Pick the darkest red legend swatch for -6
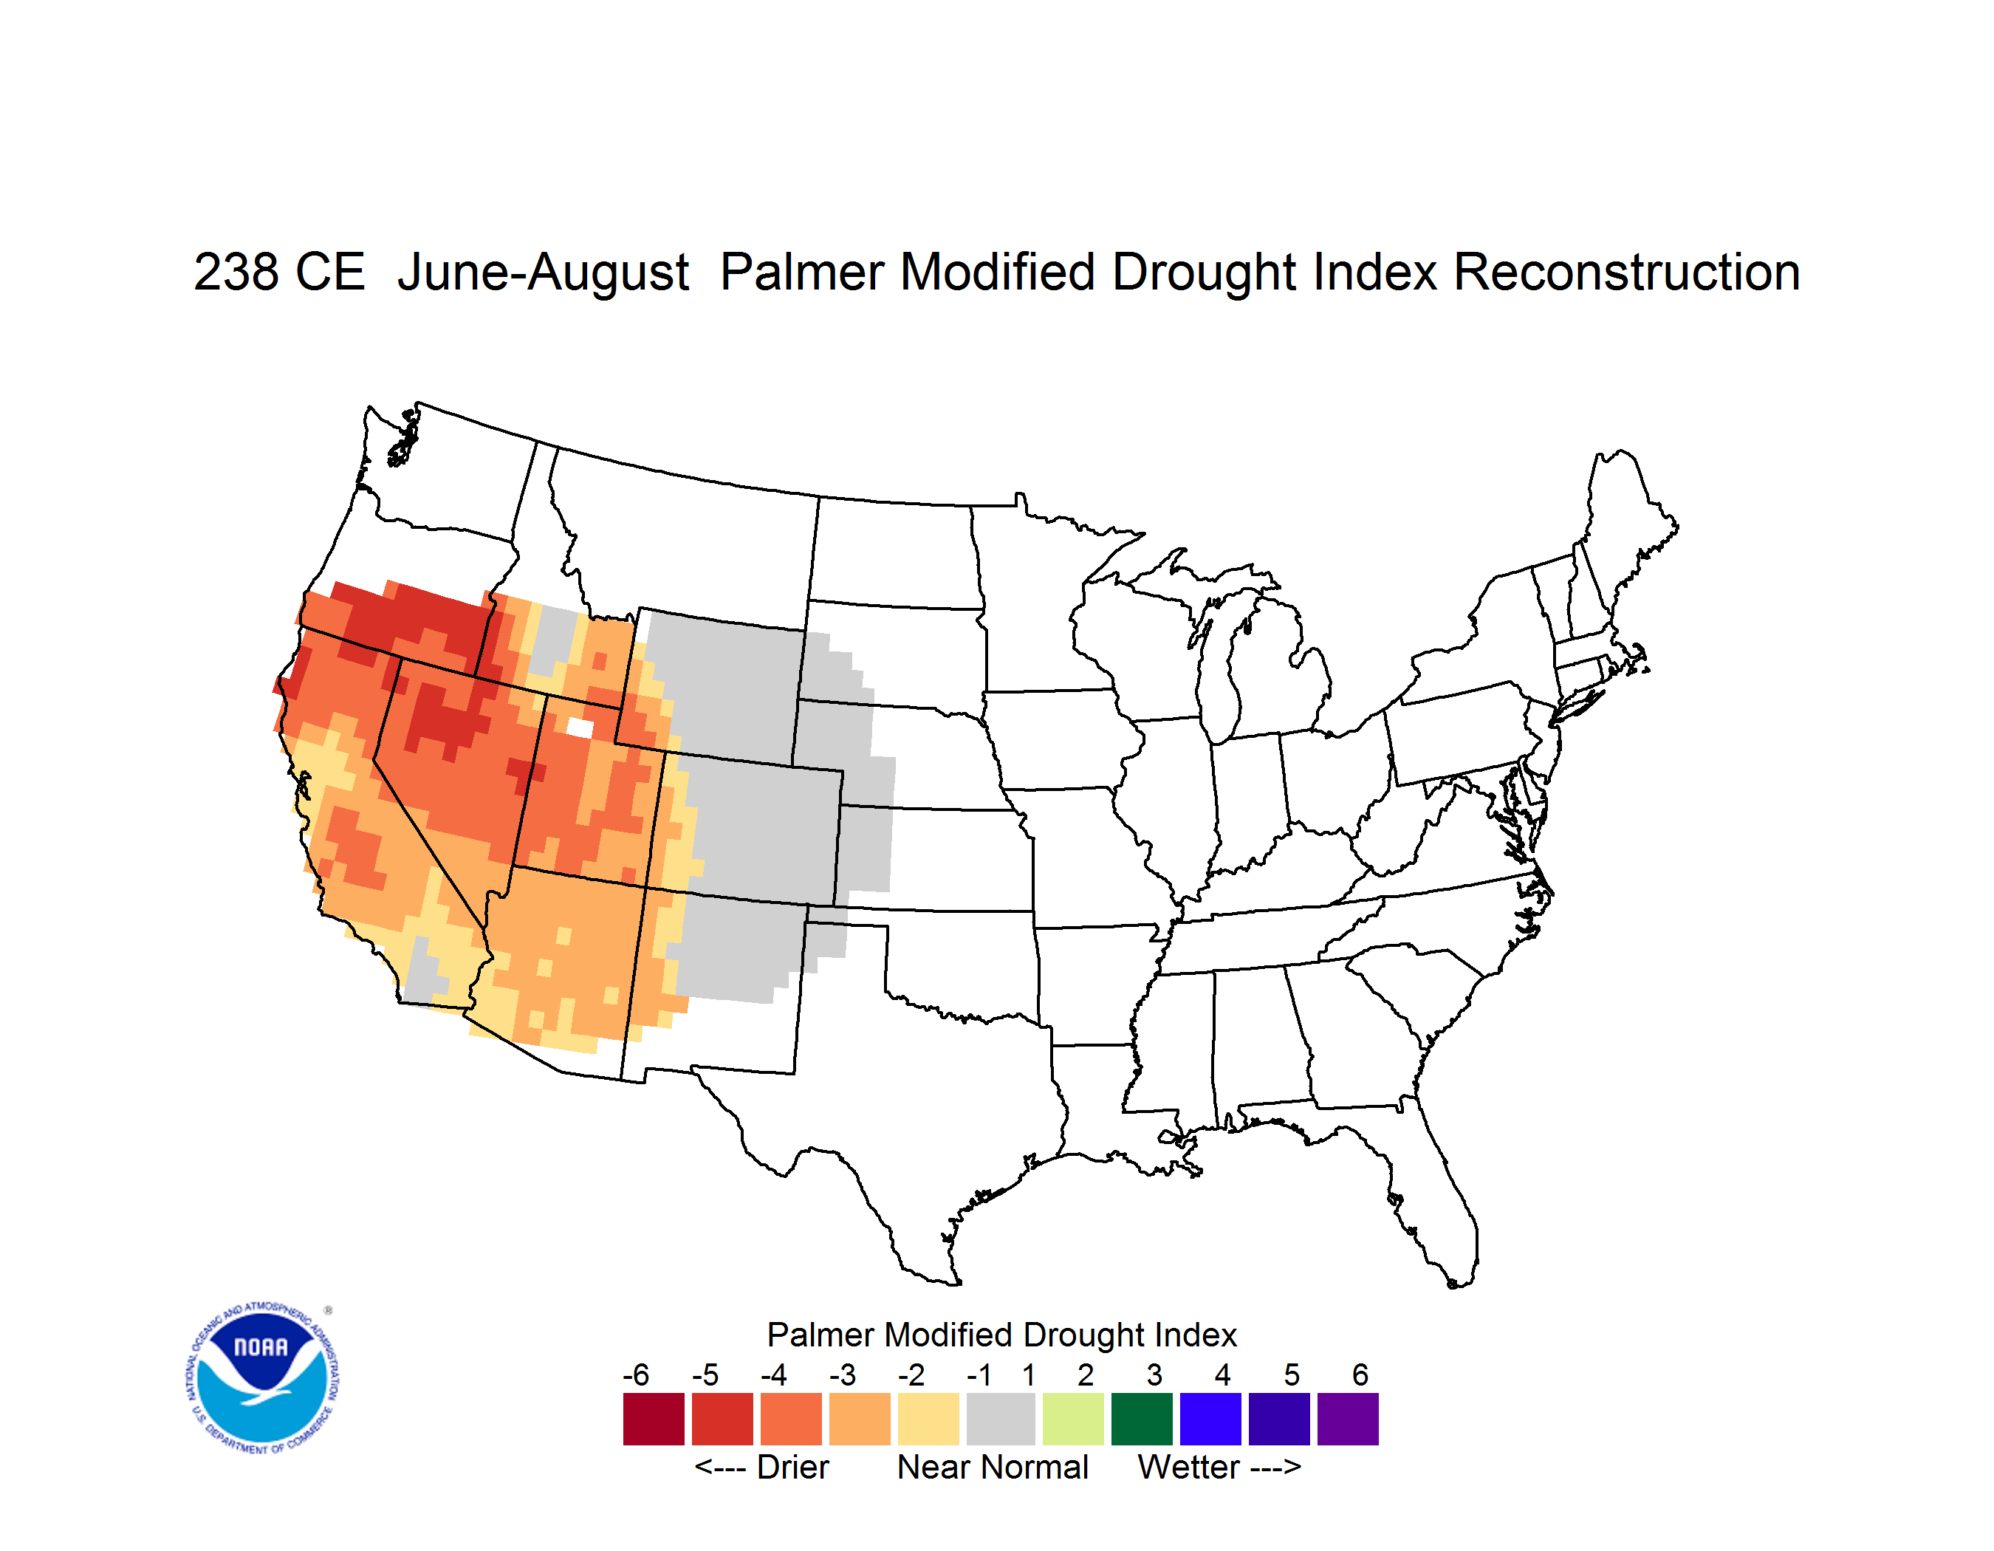[654, 1419]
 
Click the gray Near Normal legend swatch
[1001, 1419]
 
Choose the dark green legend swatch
[1141, 1419]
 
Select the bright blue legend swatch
[1210, 1419]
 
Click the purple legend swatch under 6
[1348, 1419]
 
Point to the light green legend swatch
[1073, 1419]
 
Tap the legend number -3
[843, 1374]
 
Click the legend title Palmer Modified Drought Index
[1001, 1335]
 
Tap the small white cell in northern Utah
[580, 727]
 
